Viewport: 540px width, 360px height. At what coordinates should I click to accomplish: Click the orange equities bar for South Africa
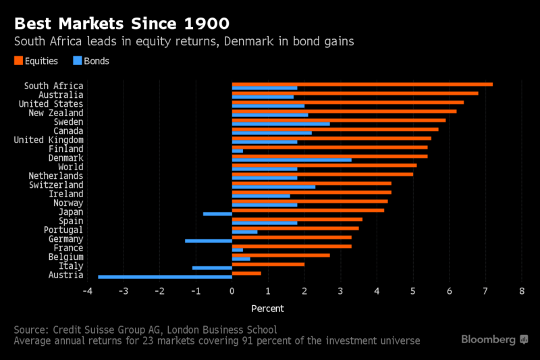(x=362, y=84)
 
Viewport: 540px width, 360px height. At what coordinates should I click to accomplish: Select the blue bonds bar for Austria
(x=165, y=277)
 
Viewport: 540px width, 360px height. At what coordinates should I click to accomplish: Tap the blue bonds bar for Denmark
(x=292, y=160)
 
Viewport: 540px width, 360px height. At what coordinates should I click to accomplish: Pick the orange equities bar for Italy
(x=268, y=265)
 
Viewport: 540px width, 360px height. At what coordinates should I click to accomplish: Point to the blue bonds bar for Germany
(x=208, y=240)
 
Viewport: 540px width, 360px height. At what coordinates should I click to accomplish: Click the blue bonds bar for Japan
(x=217, y=213)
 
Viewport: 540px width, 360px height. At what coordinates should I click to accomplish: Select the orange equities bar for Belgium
(x=281, y=255)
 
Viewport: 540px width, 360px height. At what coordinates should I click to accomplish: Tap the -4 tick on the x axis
(x=87, y=291)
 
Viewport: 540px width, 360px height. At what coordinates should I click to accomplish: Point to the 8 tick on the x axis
(x=521, y=291)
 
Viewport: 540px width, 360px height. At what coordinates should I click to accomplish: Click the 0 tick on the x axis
(x=232, y=291)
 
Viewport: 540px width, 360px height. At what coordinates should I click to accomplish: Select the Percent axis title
(x=267, y=309)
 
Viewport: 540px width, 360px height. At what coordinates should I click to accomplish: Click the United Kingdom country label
(x=49, y=140)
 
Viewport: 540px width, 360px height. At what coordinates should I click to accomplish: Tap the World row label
(x=70, y=167)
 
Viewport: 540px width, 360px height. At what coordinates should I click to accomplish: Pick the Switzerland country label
(x=56, y=185)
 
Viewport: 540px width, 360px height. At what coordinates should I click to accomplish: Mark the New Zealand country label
(x=56, y=113)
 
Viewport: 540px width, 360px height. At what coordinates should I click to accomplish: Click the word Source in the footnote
(x=31, y=330)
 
